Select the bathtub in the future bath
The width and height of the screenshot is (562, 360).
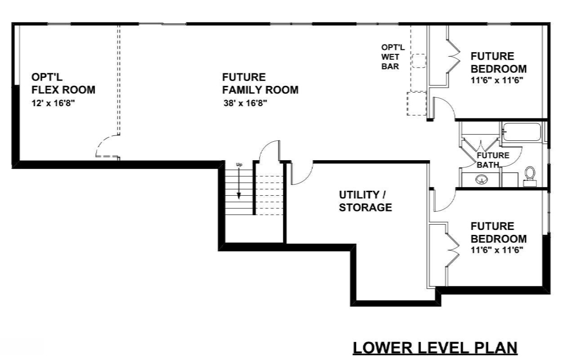(x=522, y=132)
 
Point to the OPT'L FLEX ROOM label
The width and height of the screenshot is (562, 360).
(x=63, y=83)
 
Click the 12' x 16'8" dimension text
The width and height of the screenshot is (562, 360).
(x=52, y=103)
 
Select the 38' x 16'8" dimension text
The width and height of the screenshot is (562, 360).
(x=245, y=103)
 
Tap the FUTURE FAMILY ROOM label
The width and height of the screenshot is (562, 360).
(x=260, y=83)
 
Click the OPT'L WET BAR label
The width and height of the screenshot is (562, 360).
(x=393, y=57)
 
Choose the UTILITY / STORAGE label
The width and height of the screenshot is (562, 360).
(x=365, y=201)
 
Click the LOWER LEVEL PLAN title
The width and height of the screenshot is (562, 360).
(x=435, y=348)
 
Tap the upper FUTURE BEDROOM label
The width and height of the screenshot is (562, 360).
(x=498, y=63)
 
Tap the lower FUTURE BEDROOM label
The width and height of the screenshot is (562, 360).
(x=498, y=232)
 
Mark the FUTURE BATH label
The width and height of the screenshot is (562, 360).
(x=493, y=160)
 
